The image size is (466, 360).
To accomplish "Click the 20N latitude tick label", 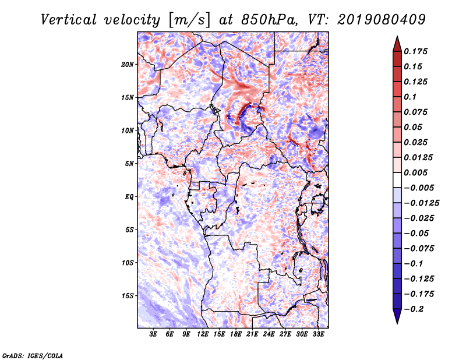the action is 127,65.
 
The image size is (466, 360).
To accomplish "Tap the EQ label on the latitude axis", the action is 129,197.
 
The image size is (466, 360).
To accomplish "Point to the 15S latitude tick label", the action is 127,296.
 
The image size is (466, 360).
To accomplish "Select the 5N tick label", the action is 129,164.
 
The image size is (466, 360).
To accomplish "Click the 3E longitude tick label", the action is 153,334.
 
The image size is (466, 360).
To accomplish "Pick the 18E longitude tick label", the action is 235,334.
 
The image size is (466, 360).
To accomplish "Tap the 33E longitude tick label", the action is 318,334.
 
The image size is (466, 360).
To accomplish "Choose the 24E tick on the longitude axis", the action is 269,334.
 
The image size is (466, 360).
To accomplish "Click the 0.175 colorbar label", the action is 415,51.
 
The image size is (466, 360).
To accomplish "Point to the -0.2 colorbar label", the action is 414,309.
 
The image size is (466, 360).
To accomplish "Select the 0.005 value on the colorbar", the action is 415,172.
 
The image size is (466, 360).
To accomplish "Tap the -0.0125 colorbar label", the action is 421,203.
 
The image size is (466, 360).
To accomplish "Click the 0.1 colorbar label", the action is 410,97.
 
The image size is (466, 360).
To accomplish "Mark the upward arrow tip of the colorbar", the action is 397,36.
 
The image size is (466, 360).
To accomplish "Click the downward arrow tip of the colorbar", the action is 397,323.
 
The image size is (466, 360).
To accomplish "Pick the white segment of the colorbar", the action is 397,180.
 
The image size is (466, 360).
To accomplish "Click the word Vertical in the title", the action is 68,20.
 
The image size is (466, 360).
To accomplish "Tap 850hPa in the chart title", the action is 269,20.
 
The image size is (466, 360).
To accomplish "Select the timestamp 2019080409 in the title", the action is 382,20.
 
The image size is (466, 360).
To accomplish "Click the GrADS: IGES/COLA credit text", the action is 33,355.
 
